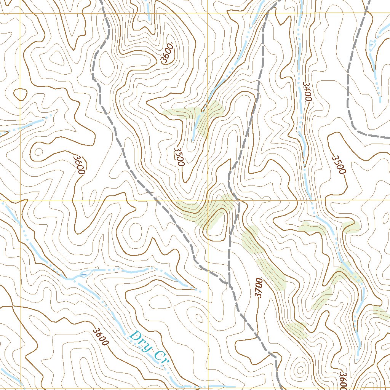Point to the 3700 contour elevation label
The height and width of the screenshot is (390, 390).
259,288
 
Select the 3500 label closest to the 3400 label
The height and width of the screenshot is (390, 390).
338,165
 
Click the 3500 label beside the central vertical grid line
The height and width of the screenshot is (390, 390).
179,157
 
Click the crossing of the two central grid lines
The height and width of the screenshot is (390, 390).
208,200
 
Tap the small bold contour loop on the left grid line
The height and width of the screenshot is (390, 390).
20,94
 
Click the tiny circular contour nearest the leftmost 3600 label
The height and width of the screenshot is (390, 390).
38,152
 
